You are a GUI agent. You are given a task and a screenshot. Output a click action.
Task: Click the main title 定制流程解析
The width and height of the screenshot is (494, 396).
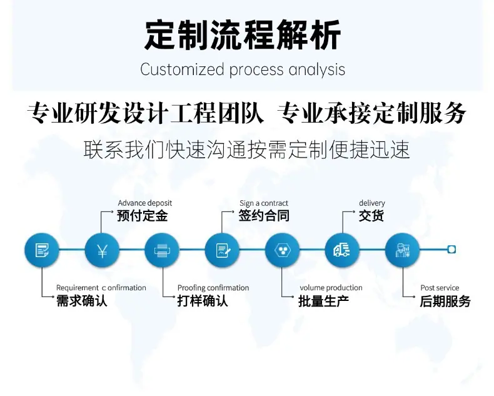click(x=243, y=34)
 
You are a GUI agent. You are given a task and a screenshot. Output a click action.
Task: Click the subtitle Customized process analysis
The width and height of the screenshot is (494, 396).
click(x=243, y=69)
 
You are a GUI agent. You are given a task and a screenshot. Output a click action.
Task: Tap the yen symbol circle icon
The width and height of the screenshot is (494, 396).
click(x=102, y=250)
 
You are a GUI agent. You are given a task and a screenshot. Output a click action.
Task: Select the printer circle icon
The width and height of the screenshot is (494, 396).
click(x=162, y=250)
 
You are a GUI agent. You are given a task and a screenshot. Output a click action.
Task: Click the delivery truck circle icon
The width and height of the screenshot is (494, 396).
click(x=342, y=250)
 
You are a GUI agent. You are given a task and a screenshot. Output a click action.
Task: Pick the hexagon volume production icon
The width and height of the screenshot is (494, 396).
click(x=282, y=250)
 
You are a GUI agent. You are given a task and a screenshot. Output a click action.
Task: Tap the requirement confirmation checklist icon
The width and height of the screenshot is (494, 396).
click(x=42, y=250)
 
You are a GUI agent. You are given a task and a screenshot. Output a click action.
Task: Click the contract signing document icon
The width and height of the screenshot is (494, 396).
click(x=222, y=250)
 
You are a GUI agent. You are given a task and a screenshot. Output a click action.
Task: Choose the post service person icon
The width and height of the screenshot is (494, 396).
click(x=402, y=250)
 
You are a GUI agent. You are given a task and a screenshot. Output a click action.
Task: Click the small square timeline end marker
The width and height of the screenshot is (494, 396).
click(x=451, y=250)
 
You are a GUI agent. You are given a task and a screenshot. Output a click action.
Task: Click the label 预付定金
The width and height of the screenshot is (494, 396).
click(x=143, y=216)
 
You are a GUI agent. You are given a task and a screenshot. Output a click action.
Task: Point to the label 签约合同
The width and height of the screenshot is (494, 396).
click(x=264, y=216)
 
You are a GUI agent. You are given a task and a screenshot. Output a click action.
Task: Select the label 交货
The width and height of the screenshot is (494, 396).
click(x=371, y=216)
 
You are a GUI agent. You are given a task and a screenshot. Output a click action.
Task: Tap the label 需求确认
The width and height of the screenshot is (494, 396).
click(x=81, y=301)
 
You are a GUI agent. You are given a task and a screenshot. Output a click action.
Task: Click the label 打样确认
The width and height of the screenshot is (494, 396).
click(x=202, y=301)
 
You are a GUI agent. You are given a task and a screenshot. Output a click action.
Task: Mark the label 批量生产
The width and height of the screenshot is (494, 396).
click(x=323, y=301)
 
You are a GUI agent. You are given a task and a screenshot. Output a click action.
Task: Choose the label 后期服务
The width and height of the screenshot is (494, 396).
click(x=445, y=301)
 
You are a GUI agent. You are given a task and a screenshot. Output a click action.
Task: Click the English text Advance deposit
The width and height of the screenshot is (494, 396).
click(x=145, y=203)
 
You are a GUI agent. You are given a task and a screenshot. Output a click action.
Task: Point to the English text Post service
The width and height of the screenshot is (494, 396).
click(x=440, y=288)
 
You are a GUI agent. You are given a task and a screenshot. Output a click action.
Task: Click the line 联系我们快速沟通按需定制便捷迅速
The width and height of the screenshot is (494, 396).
click(x=246, y=150)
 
